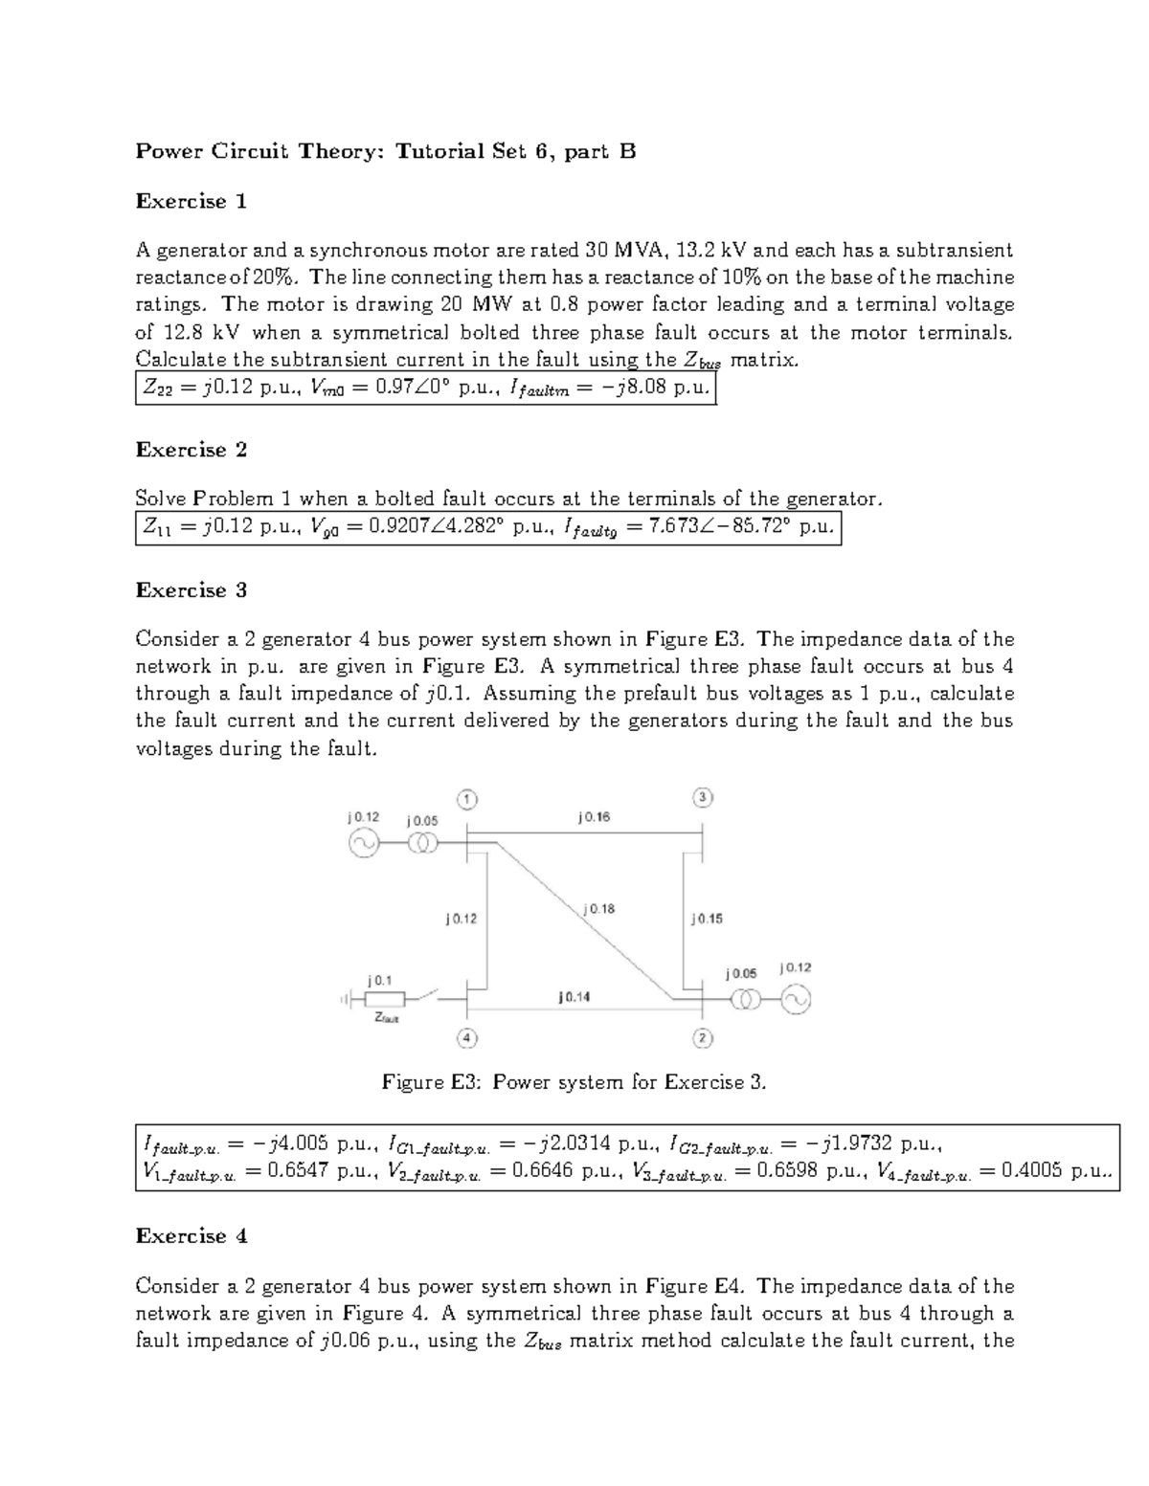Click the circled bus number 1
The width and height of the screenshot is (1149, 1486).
[x=466, y=799]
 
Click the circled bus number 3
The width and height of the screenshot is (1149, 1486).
[x=702, y=798]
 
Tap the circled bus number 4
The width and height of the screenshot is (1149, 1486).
[x=466, y=1038]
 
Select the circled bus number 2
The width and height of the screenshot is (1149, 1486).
[x=702, y=1038]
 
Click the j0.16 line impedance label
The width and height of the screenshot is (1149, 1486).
[x=594, y=817]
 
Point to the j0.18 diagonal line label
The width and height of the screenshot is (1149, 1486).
[x=598, y=908]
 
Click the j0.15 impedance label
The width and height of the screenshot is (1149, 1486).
[x=707, y=919]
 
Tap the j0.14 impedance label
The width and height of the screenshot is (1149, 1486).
[x=574, y=996]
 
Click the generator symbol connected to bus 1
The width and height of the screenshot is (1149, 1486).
[x=364, y=843]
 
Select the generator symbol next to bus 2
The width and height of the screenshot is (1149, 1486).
[x=796, y=1000]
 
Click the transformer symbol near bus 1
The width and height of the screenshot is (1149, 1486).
[x=422, y=843]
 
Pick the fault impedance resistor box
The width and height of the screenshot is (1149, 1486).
[x=386, y=1000]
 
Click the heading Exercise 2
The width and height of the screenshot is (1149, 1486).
[x=191, y=450]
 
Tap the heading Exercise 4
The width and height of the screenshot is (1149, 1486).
[x=191, y=1236]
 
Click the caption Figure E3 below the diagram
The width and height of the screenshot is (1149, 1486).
[x=574, y=1082]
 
